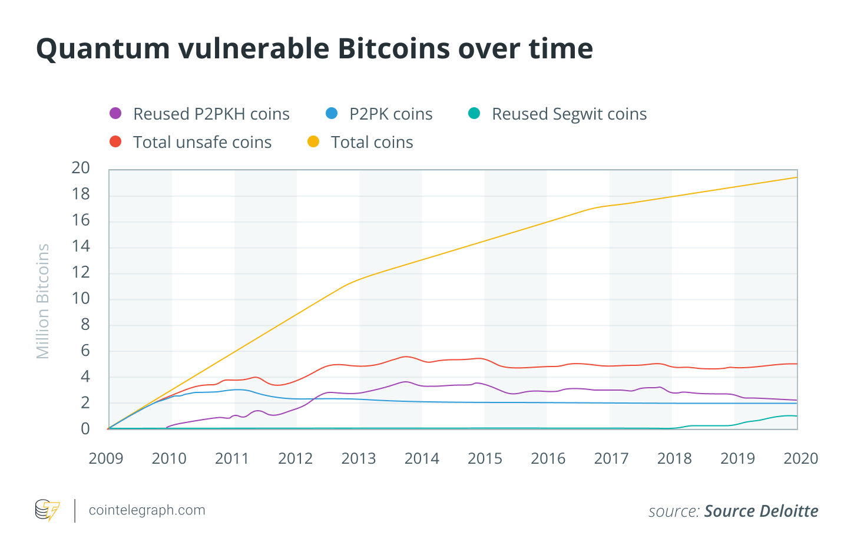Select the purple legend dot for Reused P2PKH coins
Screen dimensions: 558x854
[115, 113]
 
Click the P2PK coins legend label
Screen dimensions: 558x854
[390, 114]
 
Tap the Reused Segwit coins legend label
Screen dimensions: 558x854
[569, 114]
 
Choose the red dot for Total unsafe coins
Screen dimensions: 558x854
[115, 141]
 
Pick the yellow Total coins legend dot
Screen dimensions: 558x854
[313, 141]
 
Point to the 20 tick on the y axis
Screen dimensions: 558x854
[81, 168]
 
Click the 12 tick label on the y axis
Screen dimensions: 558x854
[81, 272]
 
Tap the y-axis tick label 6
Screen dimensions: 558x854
[85, 351]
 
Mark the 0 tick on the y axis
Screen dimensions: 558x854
[85, 428]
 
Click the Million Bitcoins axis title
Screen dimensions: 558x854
[43, 301]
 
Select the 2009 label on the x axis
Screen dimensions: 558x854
[106, 458]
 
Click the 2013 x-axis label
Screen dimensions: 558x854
[359, 458]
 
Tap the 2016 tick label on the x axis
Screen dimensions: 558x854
[548, 458]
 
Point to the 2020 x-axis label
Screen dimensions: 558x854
[800, 458]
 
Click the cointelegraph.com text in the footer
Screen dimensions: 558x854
[147, 510]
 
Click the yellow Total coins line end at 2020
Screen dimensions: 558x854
[796, 177]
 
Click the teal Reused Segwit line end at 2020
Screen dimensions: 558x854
[796, 416]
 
